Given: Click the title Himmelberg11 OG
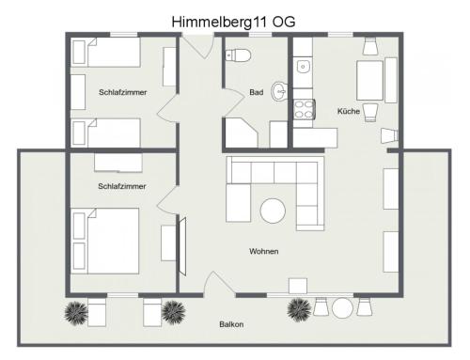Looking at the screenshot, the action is (x=233, y=22).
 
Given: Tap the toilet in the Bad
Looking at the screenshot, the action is (x=238, y=55).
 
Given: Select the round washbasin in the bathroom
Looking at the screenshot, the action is (x=279, y=91).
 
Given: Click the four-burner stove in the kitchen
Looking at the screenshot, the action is (x=305, y=109).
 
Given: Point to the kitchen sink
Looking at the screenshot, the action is (x=304, y=67).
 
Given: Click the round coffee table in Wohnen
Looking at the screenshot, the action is (x=273, y=211).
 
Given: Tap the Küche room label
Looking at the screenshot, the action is (x=349, y=111).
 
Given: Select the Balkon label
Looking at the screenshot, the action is (x=231, y=324).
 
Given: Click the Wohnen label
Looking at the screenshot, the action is (x=264, y=251).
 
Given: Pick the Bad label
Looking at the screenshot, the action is (x=256, y=92).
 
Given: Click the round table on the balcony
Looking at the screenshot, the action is (x=342, y=307).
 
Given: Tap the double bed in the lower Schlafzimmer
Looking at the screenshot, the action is (x=105, y=241).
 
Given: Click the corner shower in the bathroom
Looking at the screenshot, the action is (x=242, y=133).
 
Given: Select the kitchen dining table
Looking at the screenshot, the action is (x=369, y=81).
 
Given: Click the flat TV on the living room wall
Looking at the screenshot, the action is (x=182, y=247).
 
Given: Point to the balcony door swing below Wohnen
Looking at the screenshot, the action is (x=219, y=284).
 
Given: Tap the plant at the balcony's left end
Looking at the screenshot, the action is (x=76, y=313).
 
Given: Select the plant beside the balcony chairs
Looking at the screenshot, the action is (x=300, y=310).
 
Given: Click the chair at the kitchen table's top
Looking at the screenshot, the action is (x=370, y=46).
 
